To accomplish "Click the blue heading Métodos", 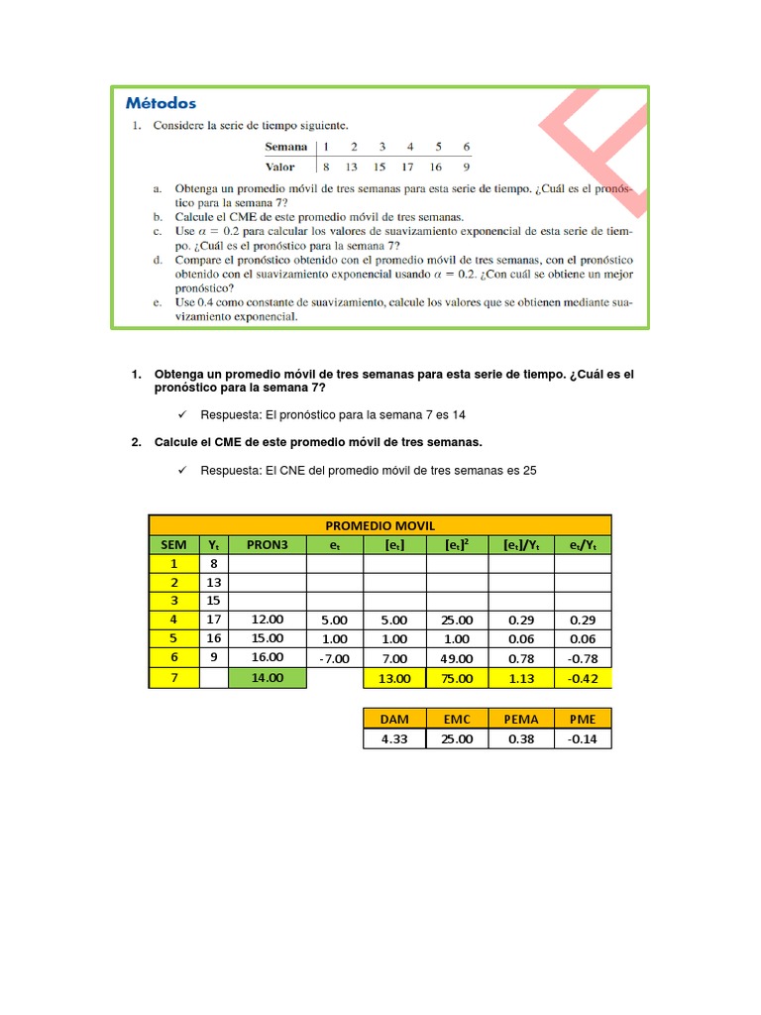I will [161, 103].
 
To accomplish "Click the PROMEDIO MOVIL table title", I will [380, 525].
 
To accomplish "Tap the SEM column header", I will [173, 544].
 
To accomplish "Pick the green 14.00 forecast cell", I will [268, 678].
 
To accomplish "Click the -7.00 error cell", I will [335, 658].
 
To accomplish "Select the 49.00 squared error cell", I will [456, 658].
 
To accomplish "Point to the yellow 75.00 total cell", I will [456, 678].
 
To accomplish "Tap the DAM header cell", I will [394, 719].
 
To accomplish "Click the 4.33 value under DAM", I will [394, 738].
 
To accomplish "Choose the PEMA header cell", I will [521, 719].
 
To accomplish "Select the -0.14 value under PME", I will [583, 738].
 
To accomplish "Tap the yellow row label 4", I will [173, 620].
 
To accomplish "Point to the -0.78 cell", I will [583, 658].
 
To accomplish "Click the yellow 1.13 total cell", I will [521, 678].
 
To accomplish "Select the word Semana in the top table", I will [286, 147].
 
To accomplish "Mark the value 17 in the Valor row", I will [409, 167].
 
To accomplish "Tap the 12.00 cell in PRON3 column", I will [268, 620].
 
